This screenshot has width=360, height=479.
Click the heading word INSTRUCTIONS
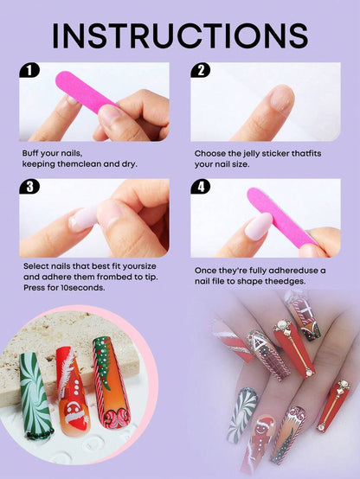(x=179, y=35)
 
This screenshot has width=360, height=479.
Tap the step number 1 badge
(x=31, y=71)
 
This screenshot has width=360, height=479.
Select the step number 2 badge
(x=202, y=71)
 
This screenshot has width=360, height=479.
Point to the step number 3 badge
(x=31, y=187)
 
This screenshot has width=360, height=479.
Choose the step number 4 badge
(x=202, y=187)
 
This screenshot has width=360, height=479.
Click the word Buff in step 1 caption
(x=32, y=153)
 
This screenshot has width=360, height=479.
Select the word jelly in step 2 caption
(x=247, y=153)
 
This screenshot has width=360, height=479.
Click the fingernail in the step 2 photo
(x=282, y=98)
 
